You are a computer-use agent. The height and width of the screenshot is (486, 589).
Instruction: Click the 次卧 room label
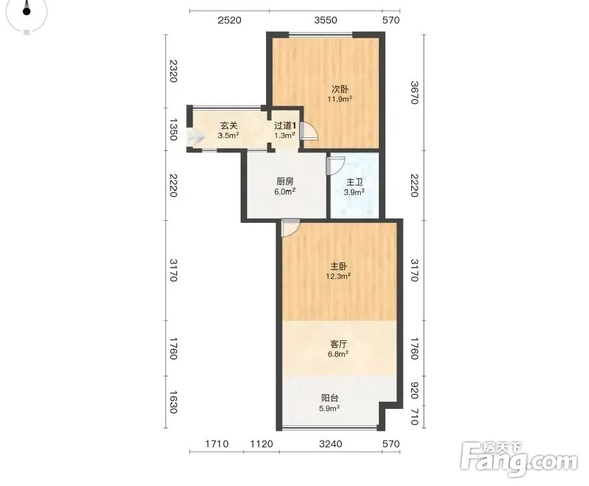tap(339, 89)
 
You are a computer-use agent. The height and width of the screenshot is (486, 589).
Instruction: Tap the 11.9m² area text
tap(339, 99)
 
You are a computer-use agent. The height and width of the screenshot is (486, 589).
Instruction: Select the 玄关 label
tap(229, 126)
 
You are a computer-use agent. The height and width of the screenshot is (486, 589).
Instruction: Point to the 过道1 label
tap(285, 126)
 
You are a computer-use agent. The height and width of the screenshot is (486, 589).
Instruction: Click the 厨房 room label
tap(285, 181)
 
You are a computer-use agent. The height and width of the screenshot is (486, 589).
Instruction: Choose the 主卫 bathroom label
tap(355, 182)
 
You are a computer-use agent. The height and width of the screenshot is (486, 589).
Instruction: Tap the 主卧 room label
tap(339, 266)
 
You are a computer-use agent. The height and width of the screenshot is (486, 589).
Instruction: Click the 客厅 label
tap(338, 344)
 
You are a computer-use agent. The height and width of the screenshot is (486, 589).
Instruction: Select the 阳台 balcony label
tap(330, 398)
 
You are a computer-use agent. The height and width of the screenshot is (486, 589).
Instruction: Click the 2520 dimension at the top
tap(229, 20)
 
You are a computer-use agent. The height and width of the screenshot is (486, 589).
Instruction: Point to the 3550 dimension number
tap(326, 20)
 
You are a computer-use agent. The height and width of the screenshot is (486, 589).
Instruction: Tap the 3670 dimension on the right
tap(414, 93)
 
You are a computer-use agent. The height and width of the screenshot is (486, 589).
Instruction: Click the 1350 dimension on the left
tap(173, 130)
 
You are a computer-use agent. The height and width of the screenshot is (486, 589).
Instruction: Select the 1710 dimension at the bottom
tap(217, 444)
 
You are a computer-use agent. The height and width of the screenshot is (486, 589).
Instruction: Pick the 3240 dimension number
tap(331, 444)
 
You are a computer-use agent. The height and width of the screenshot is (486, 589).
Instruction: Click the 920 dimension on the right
tap(414, 391)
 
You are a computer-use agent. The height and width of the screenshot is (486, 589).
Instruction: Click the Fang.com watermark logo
tap(519, 459)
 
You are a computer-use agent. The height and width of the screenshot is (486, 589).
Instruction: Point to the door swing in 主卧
tap(290, 228)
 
